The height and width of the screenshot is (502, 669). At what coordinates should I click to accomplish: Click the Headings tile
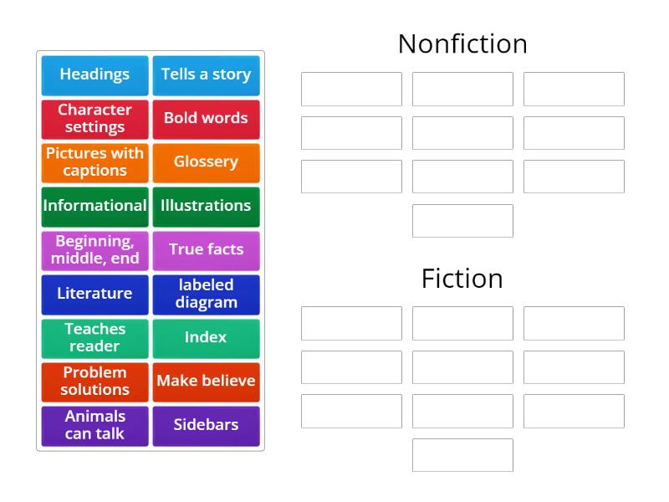[94, 74]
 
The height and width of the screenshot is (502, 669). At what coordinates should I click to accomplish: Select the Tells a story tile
[206, 74]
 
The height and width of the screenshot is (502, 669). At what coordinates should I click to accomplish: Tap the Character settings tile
[94, 119]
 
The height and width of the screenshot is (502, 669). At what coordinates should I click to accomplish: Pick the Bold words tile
[206, 119]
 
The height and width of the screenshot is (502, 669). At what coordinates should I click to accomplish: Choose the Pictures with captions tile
[94, 162]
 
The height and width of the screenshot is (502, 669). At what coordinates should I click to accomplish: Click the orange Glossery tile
[206, 162]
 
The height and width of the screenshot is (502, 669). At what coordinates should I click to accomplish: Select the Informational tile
[94, 206]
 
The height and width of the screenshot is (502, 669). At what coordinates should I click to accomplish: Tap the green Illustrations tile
[206, 206]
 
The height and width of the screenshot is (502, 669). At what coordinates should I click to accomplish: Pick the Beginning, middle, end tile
[94, 250]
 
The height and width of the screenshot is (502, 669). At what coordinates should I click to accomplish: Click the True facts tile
[206, 250]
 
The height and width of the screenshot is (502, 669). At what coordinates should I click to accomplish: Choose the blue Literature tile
[94, 294]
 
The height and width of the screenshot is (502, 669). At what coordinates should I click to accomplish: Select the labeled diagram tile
[206, 294]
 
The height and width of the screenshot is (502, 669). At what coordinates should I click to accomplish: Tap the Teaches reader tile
[94, 338]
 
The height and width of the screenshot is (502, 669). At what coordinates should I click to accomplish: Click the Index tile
[206, 338]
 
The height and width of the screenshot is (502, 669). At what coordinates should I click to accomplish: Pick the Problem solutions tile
[94, 382]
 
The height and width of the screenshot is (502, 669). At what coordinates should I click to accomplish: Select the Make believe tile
[206, 382]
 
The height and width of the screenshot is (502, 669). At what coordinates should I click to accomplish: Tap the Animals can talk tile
[94, 425]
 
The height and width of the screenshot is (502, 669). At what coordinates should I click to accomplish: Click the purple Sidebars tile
[206, 425]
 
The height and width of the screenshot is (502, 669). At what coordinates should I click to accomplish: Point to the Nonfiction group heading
[462, 44]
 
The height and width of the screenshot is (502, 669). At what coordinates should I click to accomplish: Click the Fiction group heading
[462, 279]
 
